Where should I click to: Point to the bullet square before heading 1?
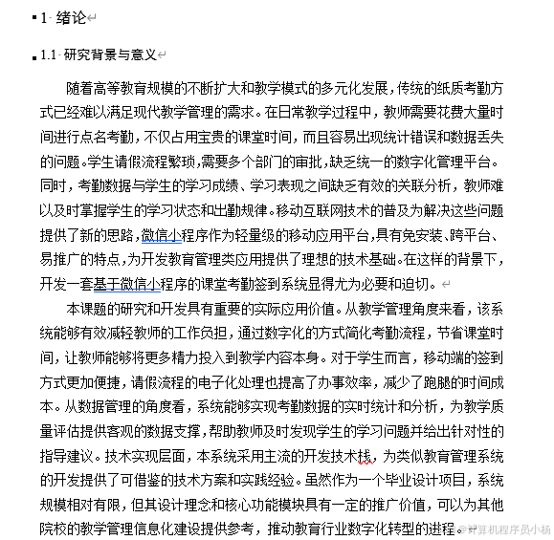click(x=32, y=17)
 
